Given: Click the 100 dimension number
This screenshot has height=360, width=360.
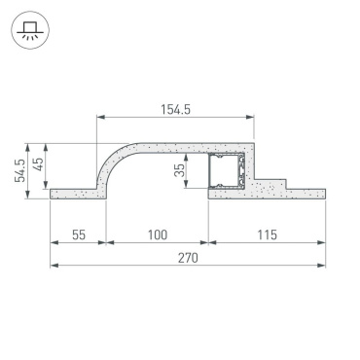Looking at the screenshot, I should [156, 234].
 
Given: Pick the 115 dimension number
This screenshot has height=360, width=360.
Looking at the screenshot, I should [265, 234].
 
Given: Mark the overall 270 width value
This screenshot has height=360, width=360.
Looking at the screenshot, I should [187, 258].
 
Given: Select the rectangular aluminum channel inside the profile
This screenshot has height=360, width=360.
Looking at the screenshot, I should [229, 171].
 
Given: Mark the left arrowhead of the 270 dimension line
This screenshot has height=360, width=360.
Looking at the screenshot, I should [54, 266].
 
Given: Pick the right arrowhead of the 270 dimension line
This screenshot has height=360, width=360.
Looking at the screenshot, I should [321, 266].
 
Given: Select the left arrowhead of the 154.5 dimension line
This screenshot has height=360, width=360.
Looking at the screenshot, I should [99, 119].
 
